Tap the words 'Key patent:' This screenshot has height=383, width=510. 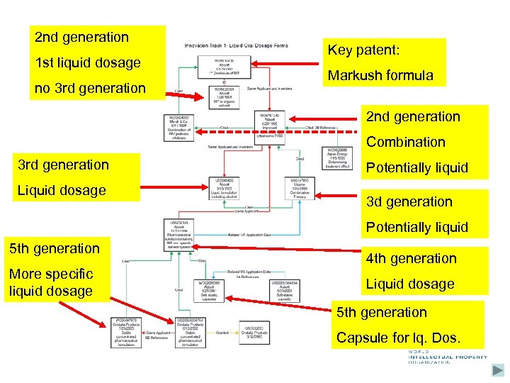pos(364,51)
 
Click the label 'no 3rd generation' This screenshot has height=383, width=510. pos(90,89)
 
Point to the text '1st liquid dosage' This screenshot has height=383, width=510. pos(88,63)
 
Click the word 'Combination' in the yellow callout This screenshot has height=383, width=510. pos(406,142)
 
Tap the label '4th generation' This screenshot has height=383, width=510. pos(412,258)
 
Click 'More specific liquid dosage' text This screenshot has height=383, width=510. pos(51,282)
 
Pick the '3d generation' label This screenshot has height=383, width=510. pos(409,201)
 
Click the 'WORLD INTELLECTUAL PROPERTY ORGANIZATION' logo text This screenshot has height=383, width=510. pos(446,357)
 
